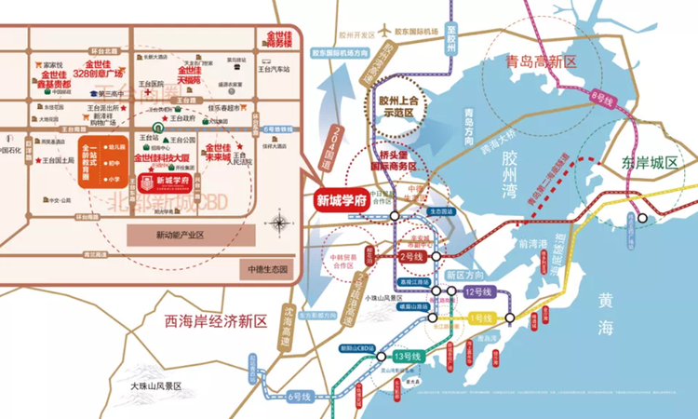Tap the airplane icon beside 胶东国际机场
pos(383,29)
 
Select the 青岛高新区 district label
pos(540,63)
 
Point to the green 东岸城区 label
pos(651,162)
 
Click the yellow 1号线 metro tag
pos(481,319)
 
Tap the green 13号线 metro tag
pos(407,358)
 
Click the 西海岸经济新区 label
pos(215,322)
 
